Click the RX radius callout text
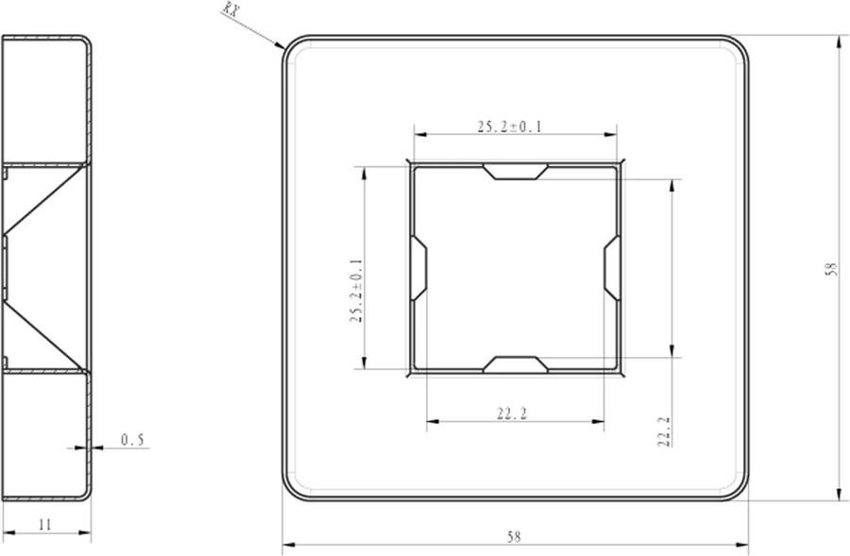pyautogui.click(x=230, y=9)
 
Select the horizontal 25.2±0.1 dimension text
pyautogui.click(x=510, y=126)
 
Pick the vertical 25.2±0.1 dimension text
pyautogui.click(x=356, y=291)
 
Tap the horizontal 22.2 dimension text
pyautogui.click(x=512, y=414)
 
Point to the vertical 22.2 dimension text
pyautogui.click(x=664, y=430)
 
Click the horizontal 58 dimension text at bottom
pyautogui.click(x=514, y=537)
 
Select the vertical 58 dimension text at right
pyautogui.click(x=831, y=269)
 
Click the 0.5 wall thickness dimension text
pyautogui.click(x=133, y=440)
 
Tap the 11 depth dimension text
pyautogui.click(x=45, y=525)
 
